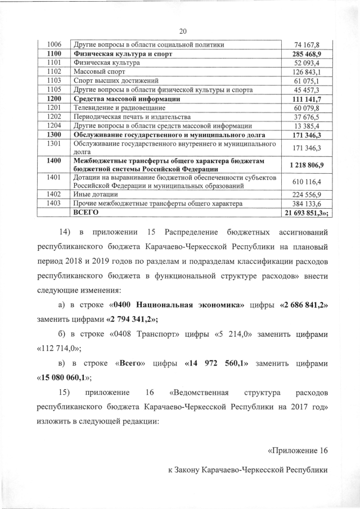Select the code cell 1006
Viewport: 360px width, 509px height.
tap(54, 45)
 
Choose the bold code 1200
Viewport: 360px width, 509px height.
tap(54, 99)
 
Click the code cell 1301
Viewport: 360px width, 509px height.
tap(54, 144)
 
